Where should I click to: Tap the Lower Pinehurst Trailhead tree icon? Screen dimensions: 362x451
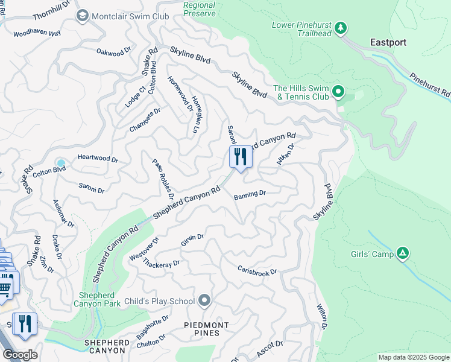coord(341,28)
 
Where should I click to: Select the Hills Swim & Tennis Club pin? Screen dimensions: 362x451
coord(338,92)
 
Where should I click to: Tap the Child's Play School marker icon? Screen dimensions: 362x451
coord(204,300)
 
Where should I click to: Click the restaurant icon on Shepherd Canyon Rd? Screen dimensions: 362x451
coord(241,157)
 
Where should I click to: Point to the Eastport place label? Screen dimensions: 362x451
coord(388,42)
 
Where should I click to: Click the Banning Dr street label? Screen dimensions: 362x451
coord(250,194)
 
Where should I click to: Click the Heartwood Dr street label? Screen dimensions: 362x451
coord(98,159)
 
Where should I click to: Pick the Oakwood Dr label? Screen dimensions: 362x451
coord(113,53)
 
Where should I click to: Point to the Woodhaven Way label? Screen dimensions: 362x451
coord(37,33)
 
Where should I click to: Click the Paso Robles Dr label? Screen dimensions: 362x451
coord(163,179)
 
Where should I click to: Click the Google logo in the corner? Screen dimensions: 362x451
coord(20,355)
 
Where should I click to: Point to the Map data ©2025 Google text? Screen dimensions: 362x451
coord(413,357)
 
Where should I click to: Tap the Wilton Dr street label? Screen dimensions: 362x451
coord(321,316)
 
